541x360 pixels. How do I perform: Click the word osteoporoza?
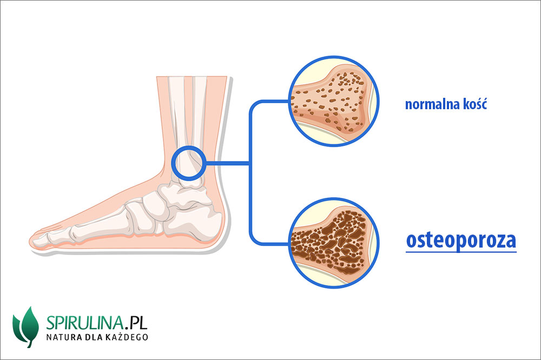click(461, 240)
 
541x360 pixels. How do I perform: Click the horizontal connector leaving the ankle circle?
click(227, 163)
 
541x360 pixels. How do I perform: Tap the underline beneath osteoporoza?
click(461, 251)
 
